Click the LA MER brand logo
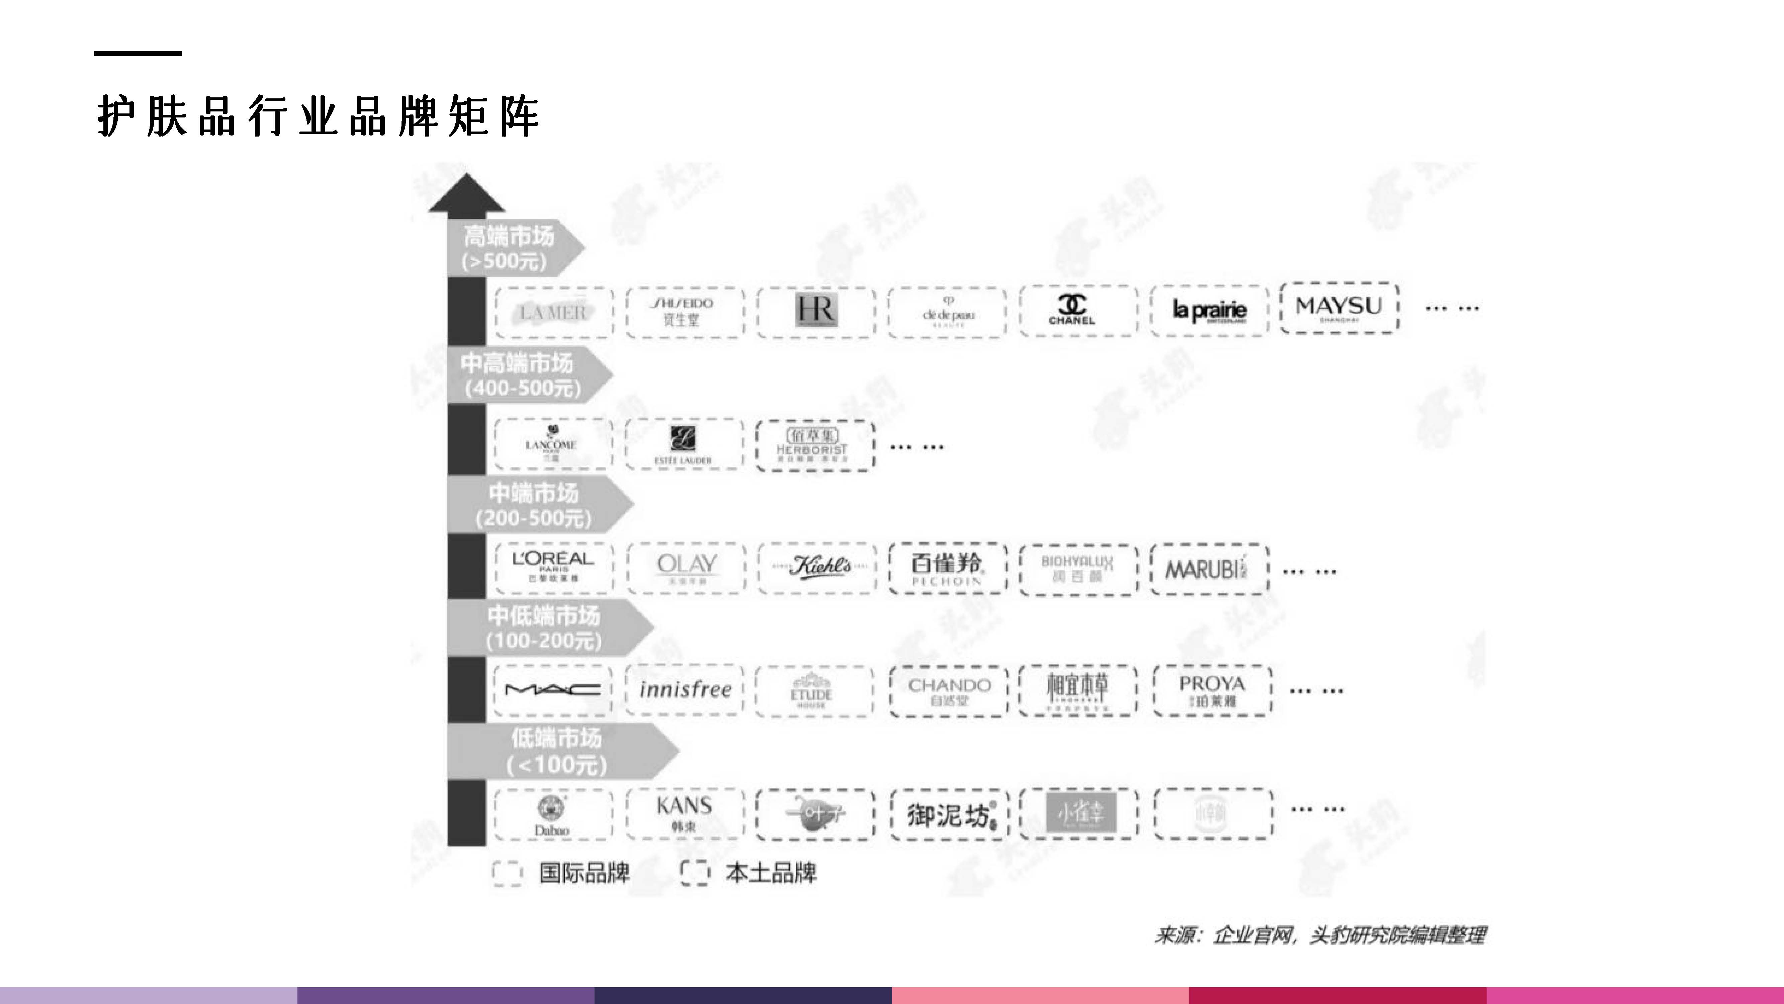click(x=553, y=313)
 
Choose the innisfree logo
click(x=684, y=689)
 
